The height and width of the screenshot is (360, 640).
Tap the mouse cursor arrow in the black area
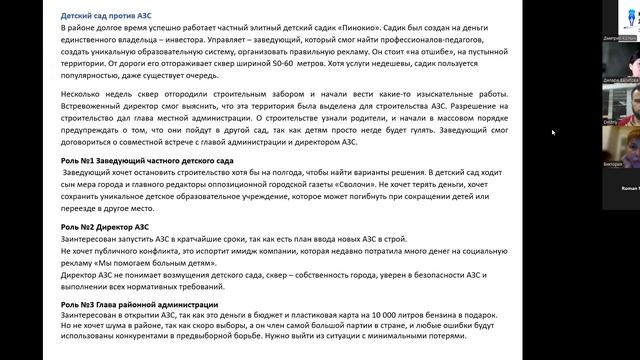click(553, 131)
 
